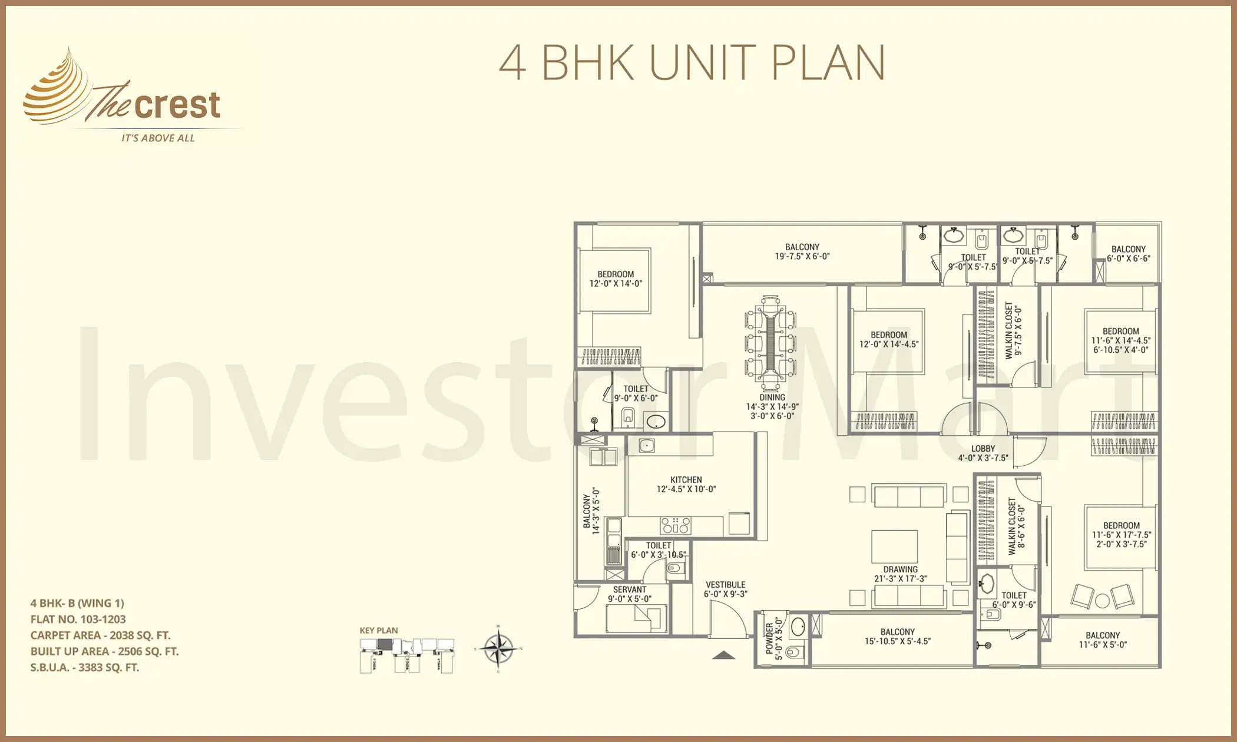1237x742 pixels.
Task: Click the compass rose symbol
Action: coord(498,649)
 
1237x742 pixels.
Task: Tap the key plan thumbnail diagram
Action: coord(406,654)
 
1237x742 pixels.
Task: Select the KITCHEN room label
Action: coord(686,480)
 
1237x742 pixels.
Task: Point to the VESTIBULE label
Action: coord(726,585)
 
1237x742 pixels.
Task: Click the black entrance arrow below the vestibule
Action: coord(724,655)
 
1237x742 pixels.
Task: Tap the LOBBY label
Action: coord(983,449)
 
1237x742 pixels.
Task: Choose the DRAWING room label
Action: coord(900,569)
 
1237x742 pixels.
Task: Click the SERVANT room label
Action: coord(630,589)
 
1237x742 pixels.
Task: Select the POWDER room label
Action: coord(769,638)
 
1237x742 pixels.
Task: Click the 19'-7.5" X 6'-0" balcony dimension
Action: coord(802,256)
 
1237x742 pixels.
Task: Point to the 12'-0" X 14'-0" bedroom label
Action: coord(616,279)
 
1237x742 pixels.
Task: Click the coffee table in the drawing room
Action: coord(894,546)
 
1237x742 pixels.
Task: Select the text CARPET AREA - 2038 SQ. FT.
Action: coord(100,635)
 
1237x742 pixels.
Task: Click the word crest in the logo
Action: coord(177,105)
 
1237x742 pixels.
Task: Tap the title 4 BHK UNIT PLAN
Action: coord(692,62)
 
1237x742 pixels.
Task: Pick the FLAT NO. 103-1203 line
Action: coord(78,619)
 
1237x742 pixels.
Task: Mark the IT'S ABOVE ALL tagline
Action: coord(158,138)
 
